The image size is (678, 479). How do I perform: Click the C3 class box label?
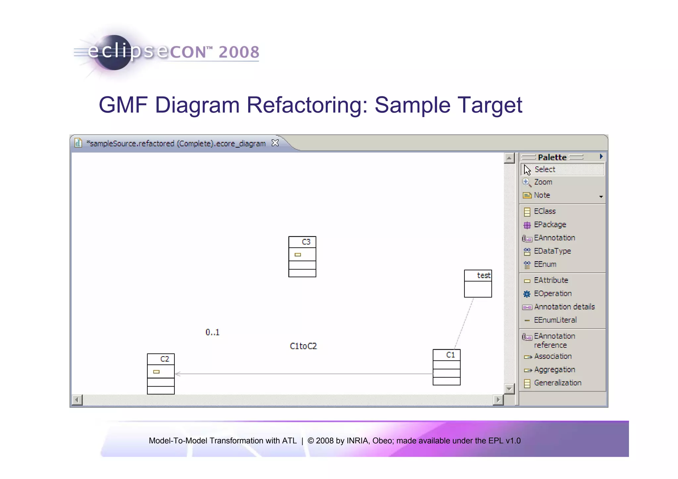306,242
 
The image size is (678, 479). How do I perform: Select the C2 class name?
165,359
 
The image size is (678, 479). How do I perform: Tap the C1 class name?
451,355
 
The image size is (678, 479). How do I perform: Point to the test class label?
483,275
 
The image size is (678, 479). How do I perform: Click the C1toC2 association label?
303,346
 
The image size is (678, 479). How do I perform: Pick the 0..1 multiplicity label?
212,332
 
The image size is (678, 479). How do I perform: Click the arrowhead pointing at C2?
178,374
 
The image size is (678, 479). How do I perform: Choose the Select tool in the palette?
545,169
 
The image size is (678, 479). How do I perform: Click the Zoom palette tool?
543,182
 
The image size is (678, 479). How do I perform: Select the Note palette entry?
542,195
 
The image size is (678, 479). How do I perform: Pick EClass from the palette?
545,211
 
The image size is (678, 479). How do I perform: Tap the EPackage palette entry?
550,224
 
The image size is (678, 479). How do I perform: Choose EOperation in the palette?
553,294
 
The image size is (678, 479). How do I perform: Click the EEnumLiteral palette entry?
555,320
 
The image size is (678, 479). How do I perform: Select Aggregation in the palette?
554,370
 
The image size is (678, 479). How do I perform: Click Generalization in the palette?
557,383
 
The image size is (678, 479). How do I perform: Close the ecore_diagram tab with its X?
275,143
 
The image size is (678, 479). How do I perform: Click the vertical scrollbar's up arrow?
509,158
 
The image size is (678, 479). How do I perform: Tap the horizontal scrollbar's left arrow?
77,400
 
